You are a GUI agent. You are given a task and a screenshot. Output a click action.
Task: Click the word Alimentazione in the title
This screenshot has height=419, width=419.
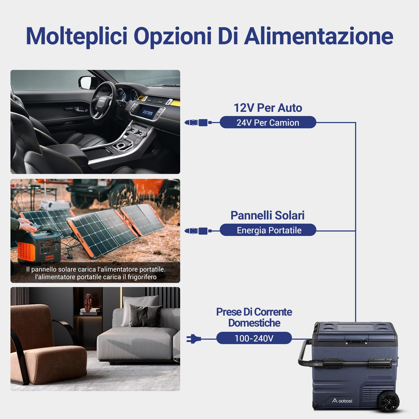click(x=319, y=36)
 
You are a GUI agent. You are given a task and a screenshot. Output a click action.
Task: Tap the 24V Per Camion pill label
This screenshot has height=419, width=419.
click(x=268, y=123)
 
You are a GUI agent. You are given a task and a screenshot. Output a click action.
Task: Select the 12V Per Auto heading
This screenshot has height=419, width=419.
click(x=268, y=108)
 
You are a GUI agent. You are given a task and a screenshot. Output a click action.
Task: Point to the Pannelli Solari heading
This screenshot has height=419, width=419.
click(x=267, y=216)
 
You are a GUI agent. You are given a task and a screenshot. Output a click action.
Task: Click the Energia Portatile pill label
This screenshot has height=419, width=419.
click(x=269, y=230)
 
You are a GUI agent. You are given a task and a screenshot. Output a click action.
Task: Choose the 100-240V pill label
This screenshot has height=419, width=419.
click(x=254, y=338)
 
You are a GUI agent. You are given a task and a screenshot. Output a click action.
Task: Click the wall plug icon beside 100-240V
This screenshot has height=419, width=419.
click(x=194, y=339)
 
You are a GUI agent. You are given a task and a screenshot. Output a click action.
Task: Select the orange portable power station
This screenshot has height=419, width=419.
click(x=39, y=247)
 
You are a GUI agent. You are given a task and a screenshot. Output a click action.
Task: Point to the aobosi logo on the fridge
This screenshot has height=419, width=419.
click(x=342, y=401)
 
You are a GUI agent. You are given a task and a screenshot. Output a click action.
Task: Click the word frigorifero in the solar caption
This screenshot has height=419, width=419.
click(x=142, y=277)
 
